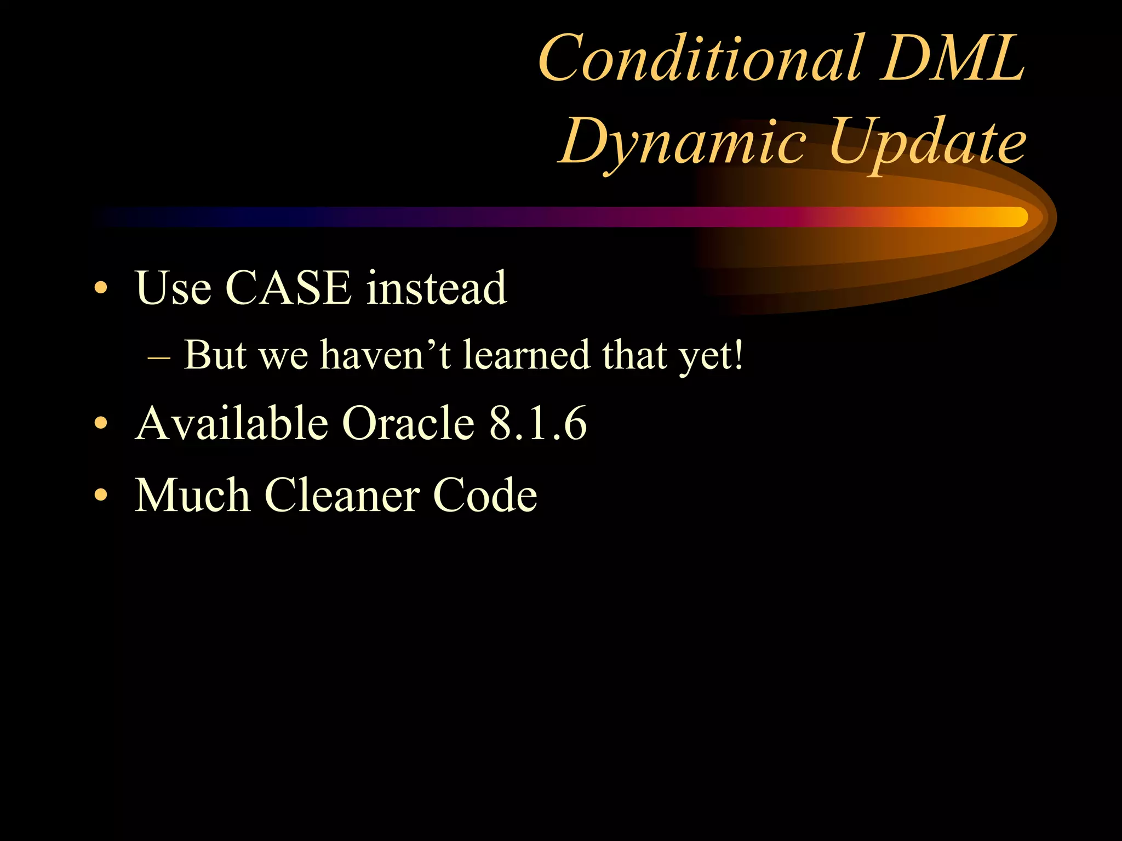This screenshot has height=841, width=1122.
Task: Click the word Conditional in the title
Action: (702, 58)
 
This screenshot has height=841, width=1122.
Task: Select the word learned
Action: (526, 355)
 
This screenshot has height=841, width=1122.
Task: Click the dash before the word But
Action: (159, 357)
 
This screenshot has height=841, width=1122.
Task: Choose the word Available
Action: (231, 423)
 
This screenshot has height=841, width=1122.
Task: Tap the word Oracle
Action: (408, 423)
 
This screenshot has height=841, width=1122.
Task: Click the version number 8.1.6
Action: (537, 423)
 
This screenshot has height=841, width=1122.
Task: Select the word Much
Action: (192, 495)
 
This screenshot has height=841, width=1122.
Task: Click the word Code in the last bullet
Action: (485, 495)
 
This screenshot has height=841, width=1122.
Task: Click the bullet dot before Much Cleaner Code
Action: (100, 495)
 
